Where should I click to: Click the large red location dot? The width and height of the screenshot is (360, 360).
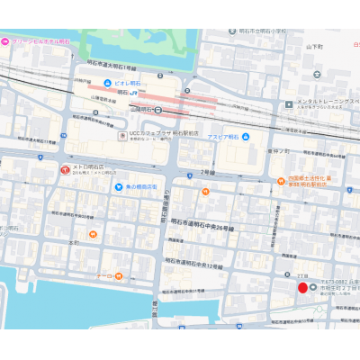302,287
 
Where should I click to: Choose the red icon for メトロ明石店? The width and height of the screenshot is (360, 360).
65,169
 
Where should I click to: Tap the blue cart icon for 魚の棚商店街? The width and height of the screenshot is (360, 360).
119,186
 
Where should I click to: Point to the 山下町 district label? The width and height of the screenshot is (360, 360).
313,45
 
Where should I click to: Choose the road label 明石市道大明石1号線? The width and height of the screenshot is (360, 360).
112,67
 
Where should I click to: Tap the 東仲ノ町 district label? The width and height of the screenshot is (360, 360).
278,151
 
